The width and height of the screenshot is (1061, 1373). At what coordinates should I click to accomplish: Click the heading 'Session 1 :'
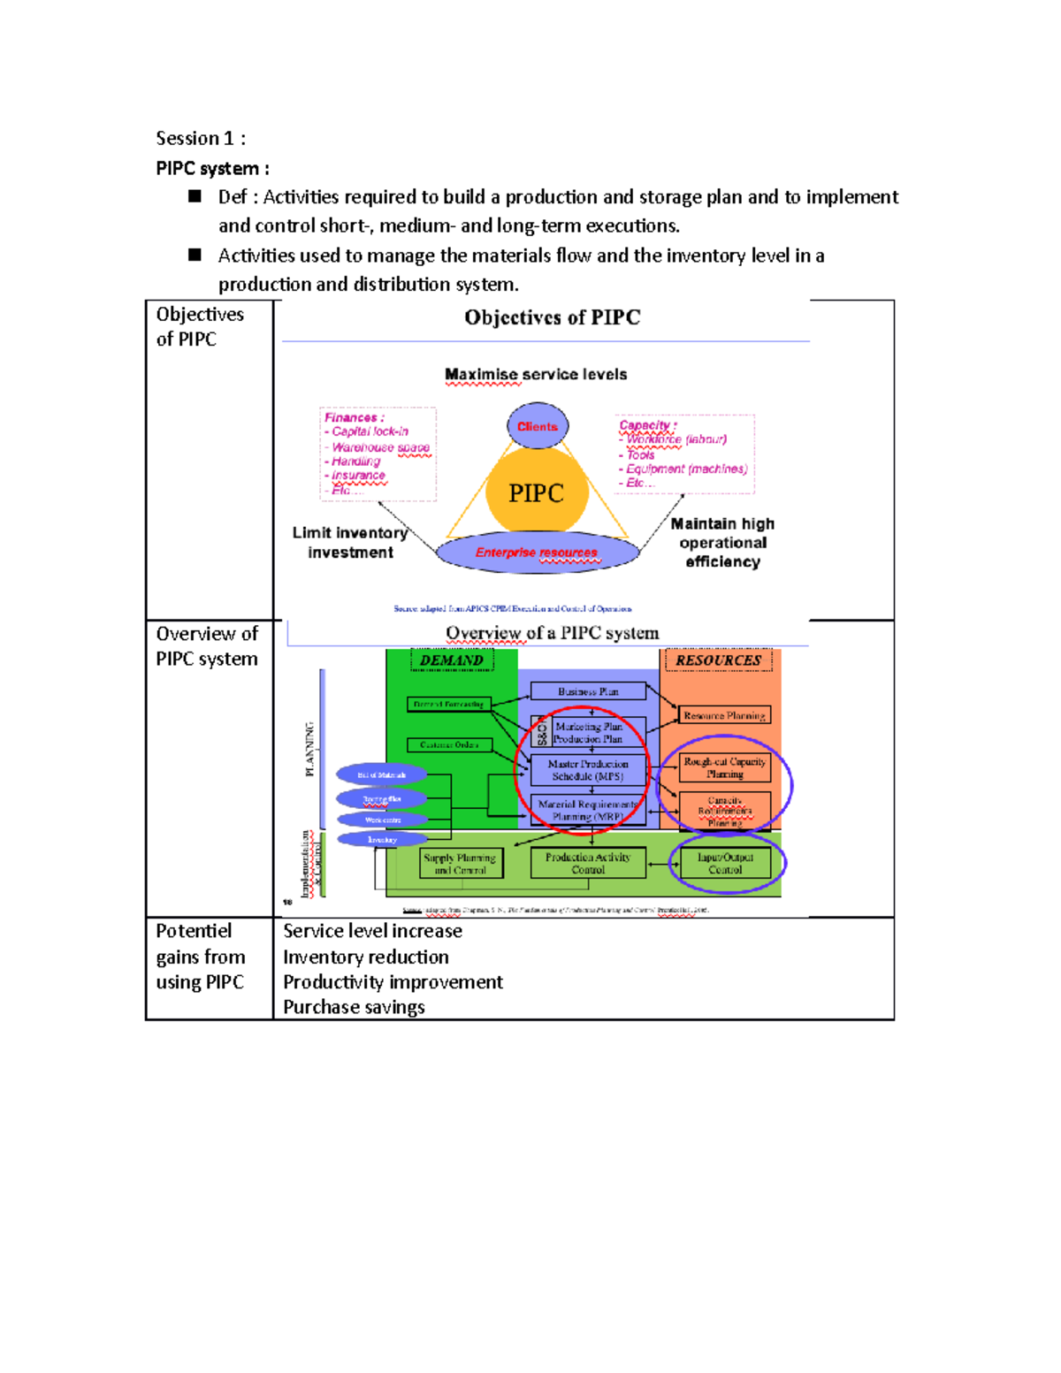coord(200,139)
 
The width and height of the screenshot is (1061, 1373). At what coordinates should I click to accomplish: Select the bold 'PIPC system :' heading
coord(212,169)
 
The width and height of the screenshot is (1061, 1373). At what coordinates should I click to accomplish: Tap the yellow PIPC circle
coord(537,493)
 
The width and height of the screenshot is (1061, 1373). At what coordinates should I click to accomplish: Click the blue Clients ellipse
coord(538,426)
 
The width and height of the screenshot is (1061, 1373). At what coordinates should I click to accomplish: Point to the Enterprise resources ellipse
coord(537,553)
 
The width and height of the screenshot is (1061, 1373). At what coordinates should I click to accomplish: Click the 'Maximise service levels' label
coord(536,375)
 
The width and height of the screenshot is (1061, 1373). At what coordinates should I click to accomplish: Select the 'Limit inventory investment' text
coord(350,543)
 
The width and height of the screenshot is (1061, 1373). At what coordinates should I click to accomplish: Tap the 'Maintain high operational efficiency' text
coord(722,543)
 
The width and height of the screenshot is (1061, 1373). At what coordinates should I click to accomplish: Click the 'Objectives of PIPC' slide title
coord(552,318)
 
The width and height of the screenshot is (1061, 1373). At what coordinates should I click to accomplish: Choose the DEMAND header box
coord(451,660)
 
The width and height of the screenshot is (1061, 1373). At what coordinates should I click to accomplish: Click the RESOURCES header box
coord(718,660)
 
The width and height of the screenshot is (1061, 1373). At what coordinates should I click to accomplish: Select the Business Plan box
coord(588,691)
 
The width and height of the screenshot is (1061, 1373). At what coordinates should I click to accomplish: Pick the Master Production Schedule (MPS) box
coord(588,770)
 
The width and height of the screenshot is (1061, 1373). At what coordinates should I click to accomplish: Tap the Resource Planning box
coord(724,715)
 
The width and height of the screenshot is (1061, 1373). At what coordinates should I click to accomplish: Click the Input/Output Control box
coord(725,863)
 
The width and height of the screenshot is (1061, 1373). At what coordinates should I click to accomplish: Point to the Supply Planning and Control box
coord(460,864)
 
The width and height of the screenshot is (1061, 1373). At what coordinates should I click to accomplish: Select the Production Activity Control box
coord(588,863)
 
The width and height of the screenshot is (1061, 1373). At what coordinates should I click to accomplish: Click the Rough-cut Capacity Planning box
coord(724,767)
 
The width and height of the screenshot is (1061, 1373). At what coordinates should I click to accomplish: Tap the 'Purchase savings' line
coord(354,1007)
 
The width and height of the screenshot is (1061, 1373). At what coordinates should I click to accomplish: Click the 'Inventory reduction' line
coord(366,957)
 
